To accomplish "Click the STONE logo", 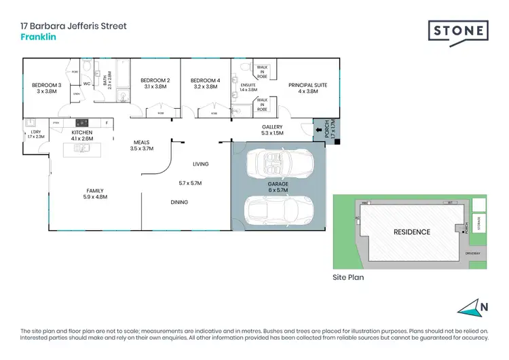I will (458, 31).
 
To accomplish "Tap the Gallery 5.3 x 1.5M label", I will (272, 130).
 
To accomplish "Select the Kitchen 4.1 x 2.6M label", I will (82, 135).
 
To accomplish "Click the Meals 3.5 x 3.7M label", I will (143, 145).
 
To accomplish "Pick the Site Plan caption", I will (348, 277).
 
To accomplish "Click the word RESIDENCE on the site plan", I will (412, 232).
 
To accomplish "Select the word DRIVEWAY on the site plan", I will (472, 253).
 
